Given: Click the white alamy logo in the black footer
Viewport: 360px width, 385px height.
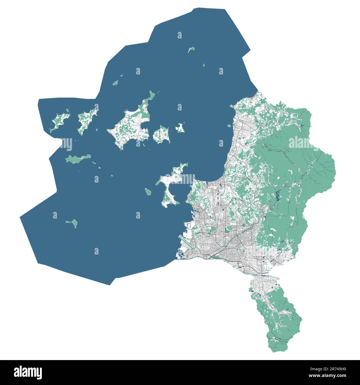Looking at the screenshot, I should point(28,372).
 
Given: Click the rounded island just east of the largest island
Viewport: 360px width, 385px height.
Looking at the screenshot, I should point(161,135).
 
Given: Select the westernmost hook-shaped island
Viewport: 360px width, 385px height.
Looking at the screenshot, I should point(59,122).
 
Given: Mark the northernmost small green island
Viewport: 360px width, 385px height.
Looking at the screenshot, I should point(191,50).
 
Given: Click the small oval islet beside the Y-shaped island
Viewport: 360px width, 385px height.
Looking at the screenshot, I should point(148,192).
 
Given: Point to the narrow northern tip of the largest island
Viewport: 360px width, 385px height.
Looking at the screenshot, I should point(151,96).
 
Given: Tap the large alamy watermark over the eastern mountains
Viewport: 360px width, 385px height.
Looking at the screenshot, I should point(304,143).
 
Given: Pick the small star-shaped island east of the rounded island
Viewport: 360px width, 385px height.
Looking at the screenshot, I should point(181,128).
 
